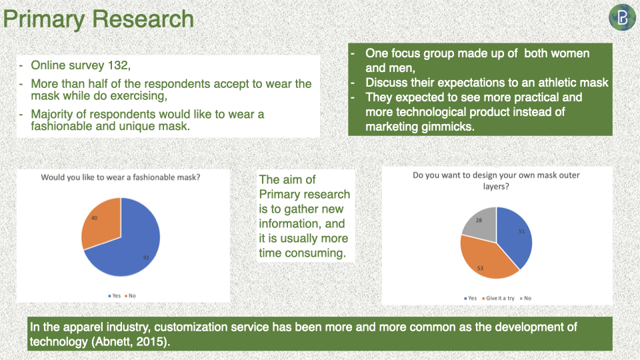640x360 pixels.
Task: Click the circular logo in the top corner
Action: point(622,17)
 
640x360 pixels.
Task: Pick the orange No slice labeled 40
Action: point(100,223)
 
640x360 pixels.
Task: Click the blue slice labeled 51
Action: point(516,237)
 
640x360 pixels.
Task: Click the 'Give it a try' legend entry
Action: point(498,299)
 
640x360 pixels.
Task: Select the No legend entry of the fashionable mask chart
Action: point(130,296)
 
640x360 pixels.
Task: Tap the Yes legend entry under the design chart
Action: point(470,299)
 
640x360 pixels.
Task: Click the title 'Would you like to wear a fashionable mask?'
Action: point(121,177)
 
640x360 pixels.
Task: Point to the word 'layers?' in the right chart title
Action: point(496,187)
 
